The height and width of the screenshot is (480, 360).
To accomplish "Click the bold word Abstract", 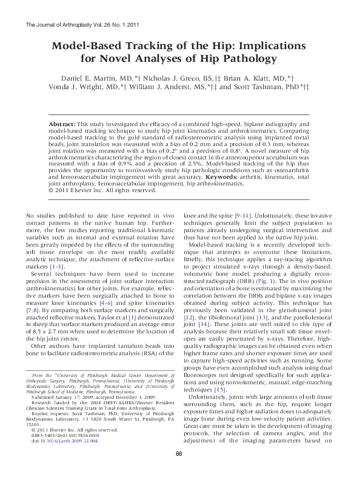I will (62, 123).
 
